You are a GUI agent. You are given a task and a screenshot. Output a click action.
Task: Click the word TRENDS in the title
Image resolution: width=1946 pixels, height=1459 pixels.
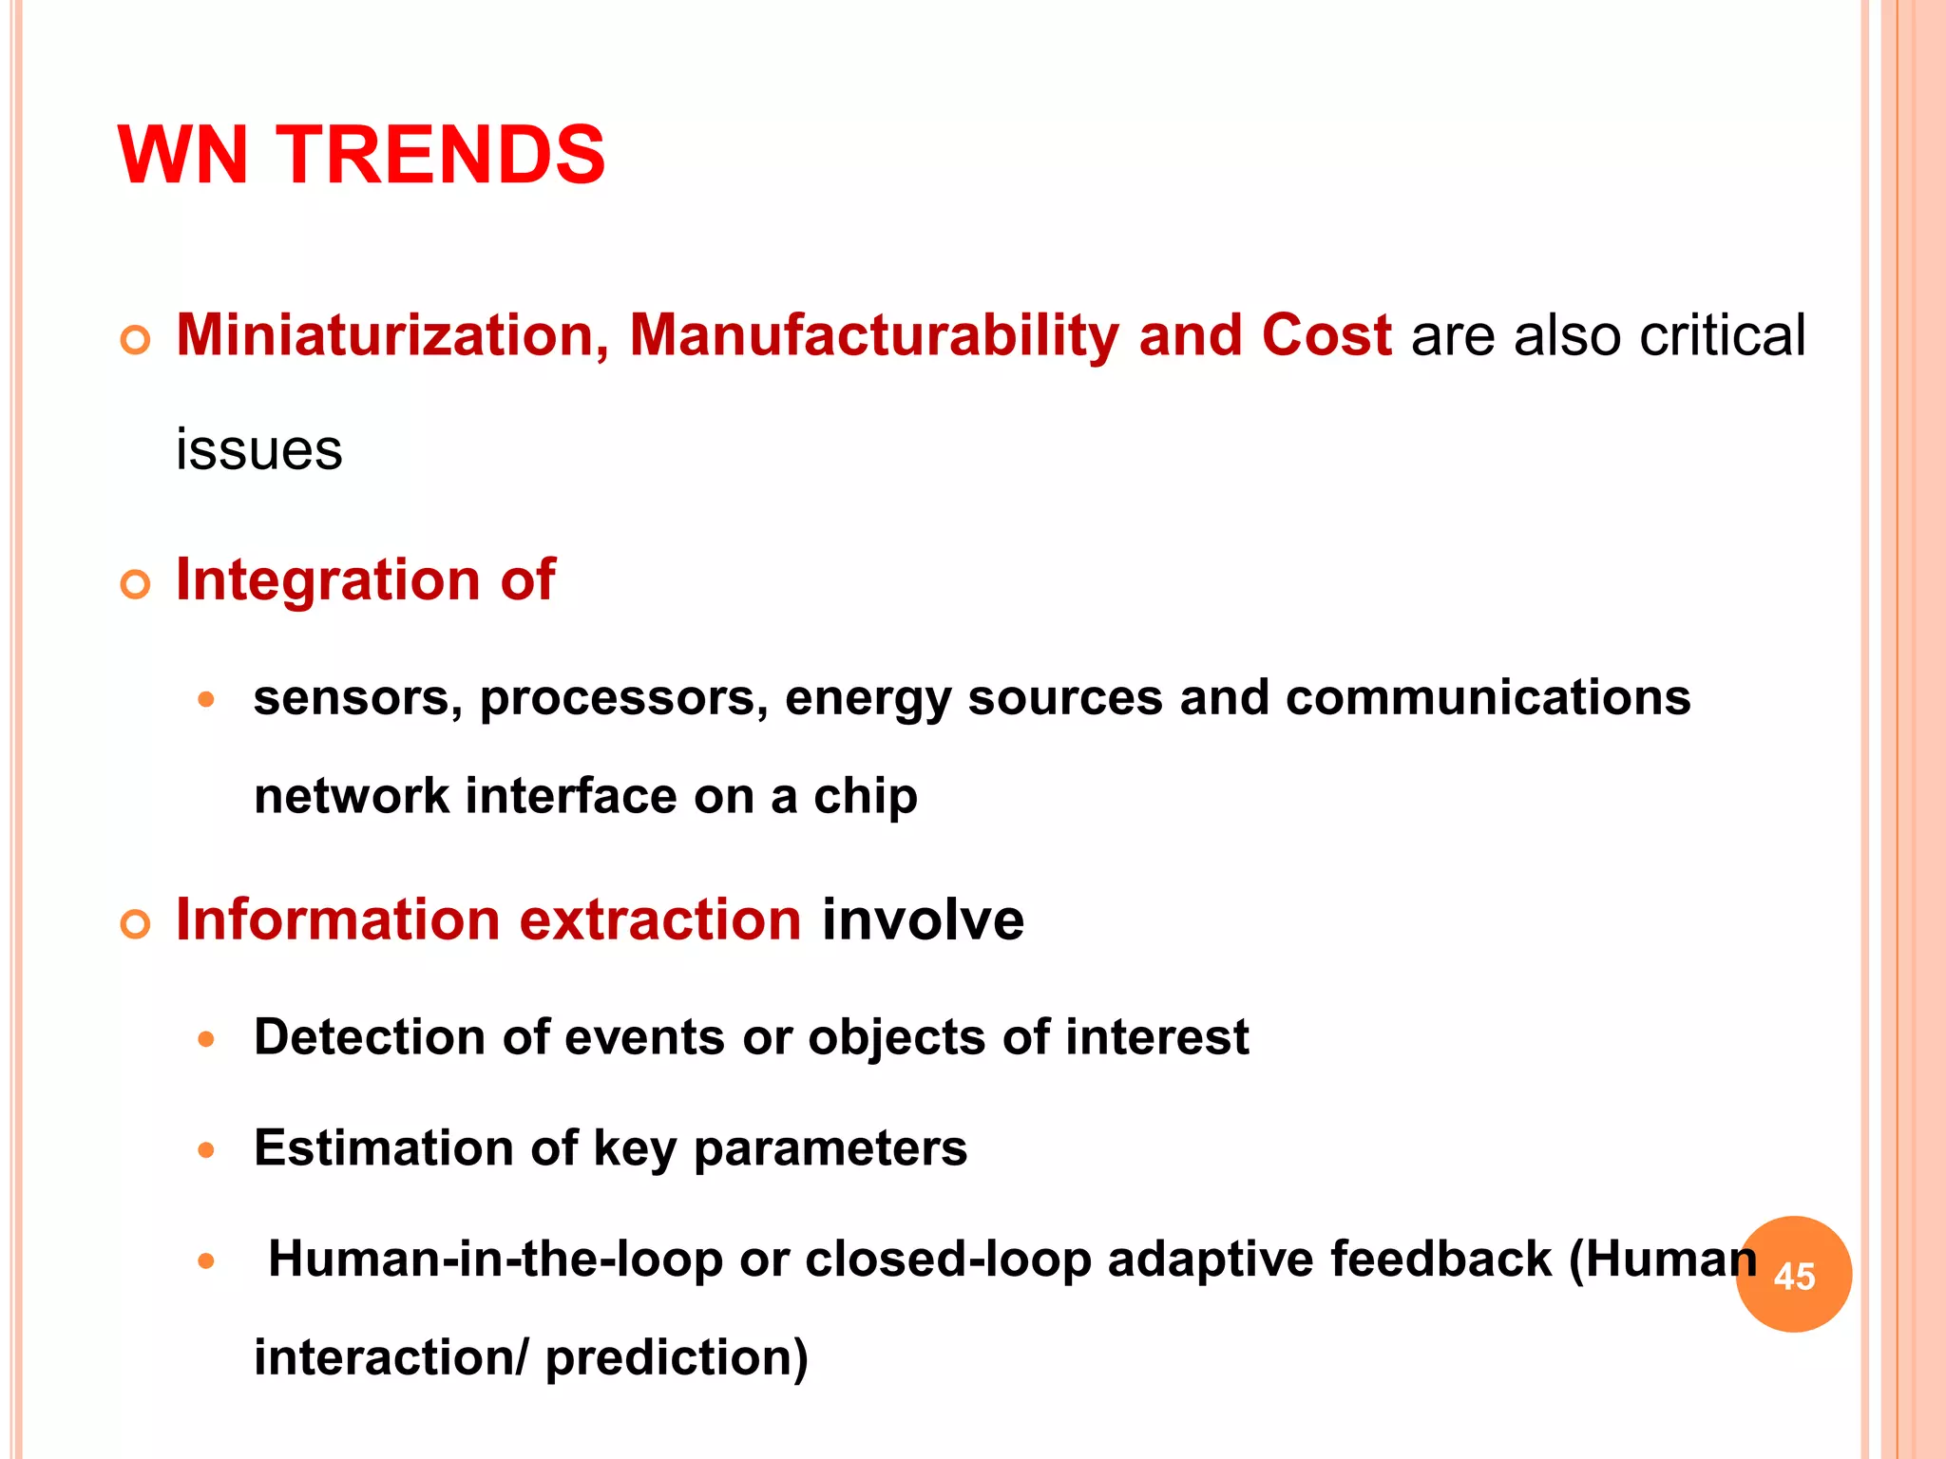point(440,156)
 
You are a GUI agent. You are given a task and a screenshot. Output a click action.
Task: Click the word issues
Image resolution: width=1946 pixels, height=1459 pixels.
point(258,450)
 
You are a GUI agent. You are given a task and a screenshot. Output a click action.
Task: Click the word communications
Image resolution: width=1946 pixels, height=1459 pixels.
point(1487,698)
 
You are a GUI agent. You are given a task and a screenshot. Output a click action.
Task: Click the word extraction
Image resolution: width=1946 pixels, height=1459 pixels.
point(660,920)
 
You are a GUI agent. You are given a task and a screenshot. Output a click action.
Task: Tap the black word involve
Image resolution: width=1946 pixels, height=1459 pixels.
point(923,920)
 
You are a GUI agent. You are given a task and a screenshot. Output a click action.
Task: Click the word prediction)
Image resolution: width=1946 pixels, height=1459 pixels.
point(677,1358)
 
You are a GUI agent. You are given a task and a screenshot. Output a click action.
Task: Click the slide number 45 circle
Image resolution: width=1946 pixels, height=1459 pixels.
point(1793,1275)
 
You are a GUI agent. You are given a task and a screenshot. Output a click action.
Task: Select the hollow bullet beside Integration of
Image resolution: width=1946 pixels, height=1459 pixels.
point(136,584)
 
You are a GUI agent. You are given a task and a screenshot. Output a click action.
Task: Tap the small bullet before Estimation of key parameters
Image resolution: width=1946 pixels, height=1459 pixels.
point(206,1151)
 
